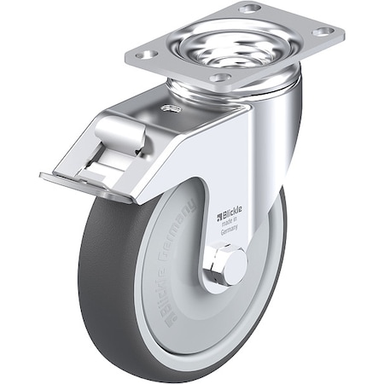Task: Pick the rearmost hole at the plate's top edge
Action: tap(250, 9)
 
